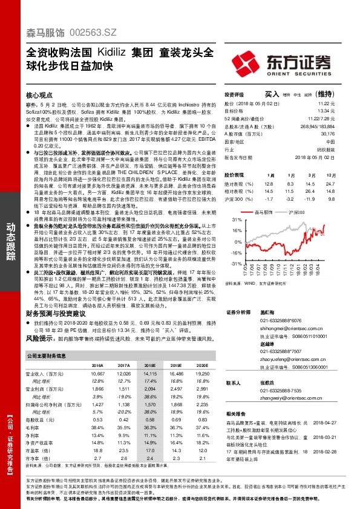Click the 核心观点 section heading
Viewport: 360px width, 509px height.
point(41,96)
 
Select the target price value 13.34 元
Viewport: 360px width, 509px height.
point(342,111)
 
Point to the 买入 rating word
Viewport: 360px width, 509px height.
point(272,94)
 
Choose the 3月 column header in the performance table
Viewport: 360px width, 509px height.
point(311,174)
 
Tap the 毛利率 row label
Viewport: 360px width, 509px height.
point(36,427)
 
